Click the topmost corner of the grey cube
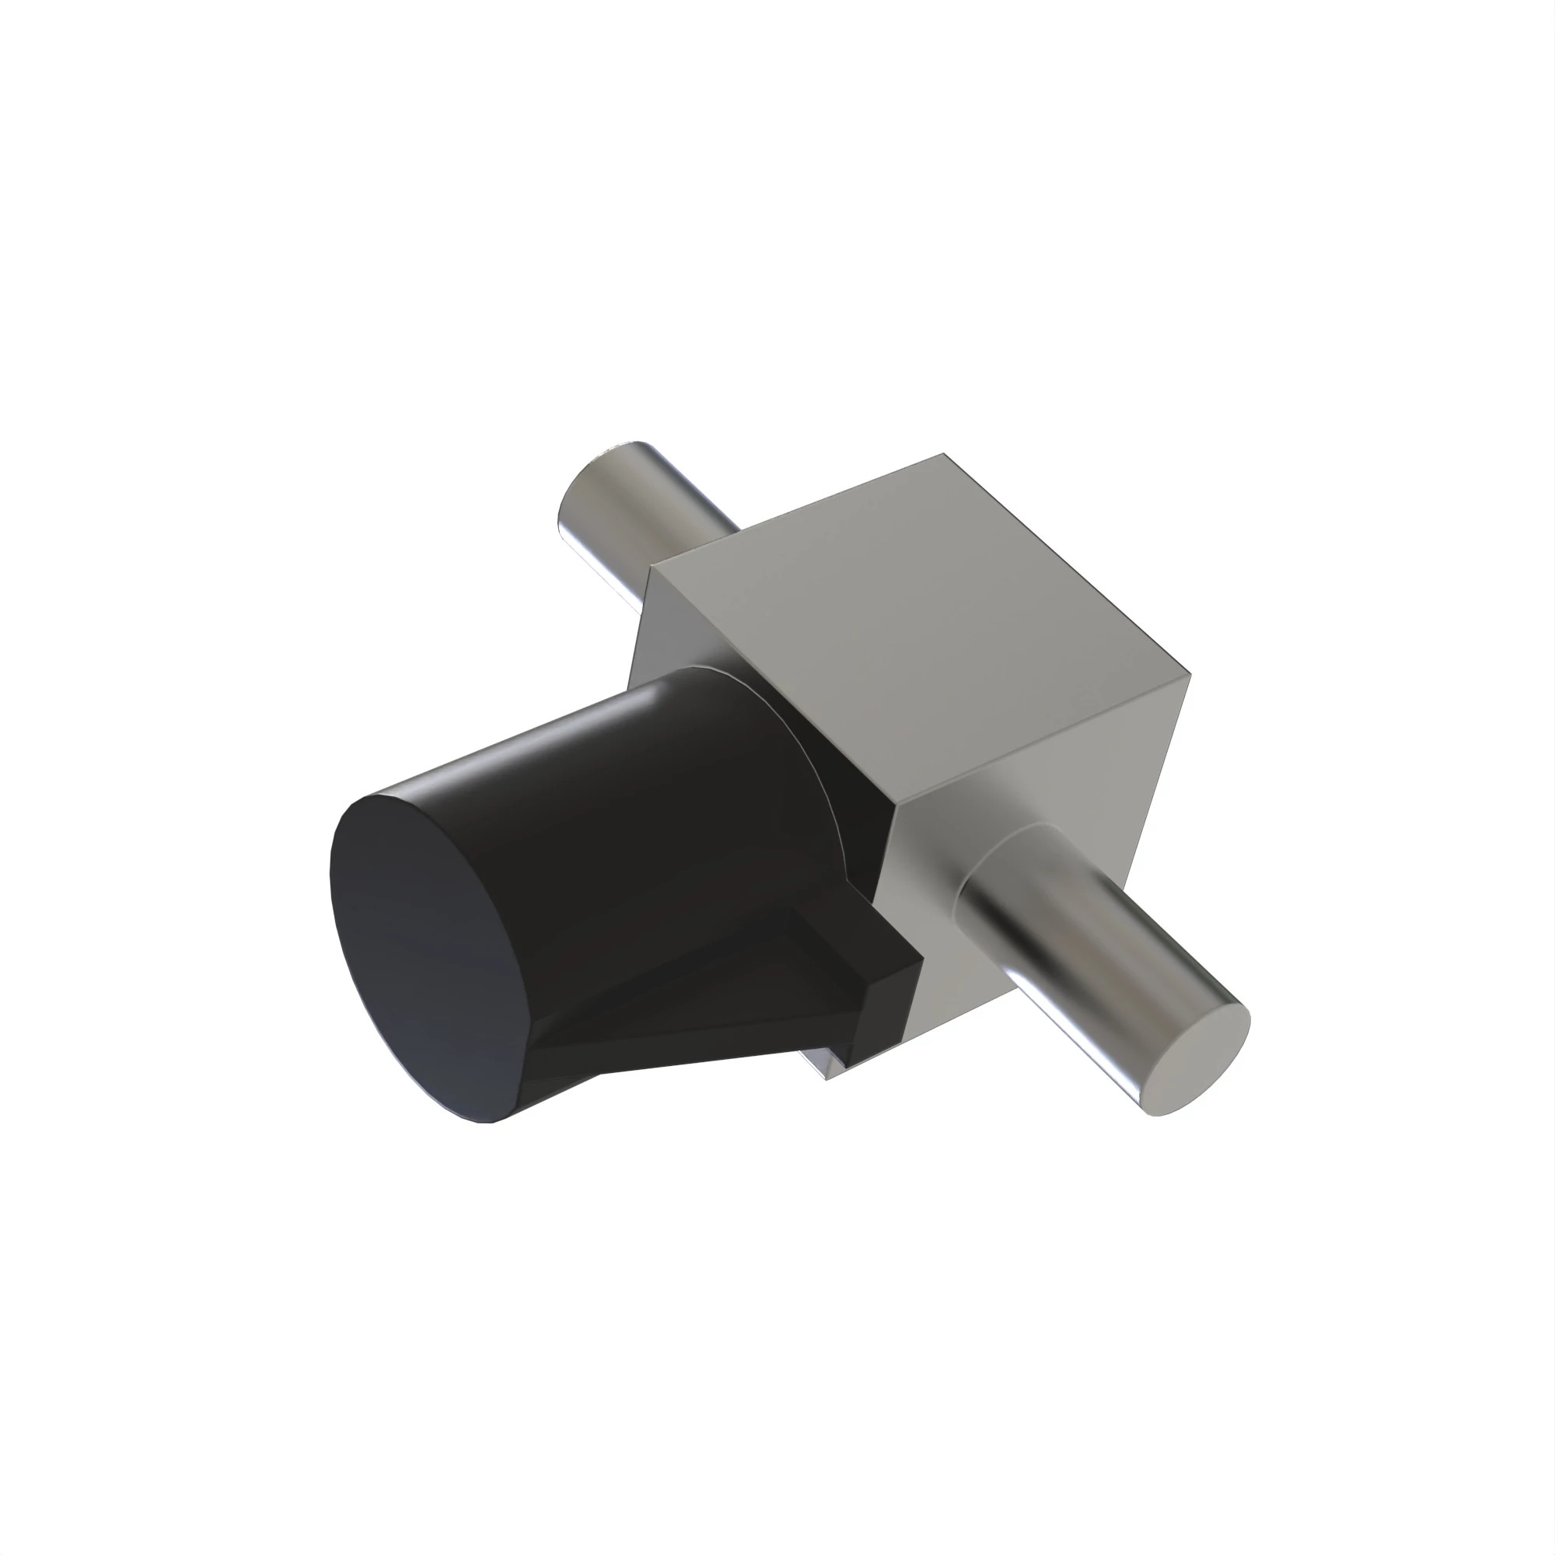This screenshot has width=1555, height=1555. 943,456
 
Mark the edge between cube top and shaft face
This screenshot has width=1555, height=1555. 1047,740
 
